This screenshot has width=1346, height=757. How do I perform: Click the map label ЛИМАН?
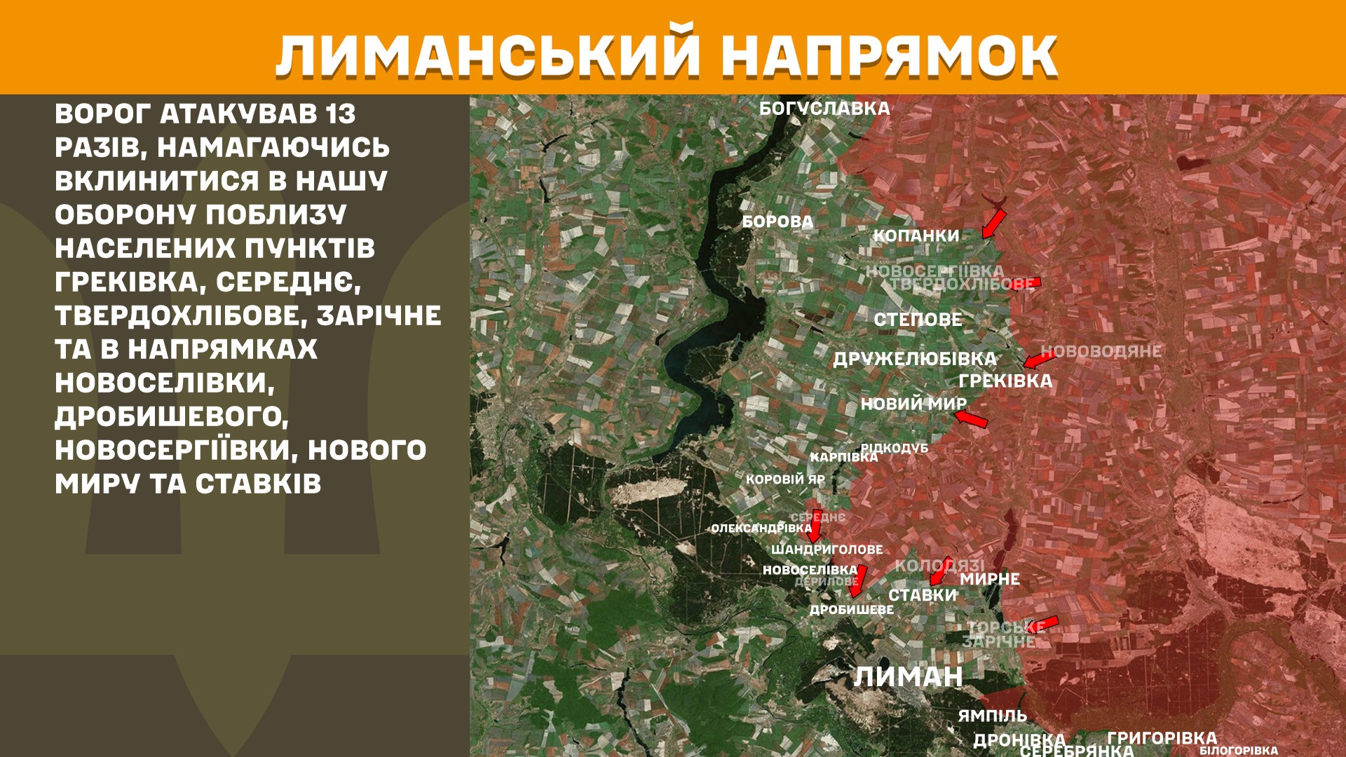point(908,677)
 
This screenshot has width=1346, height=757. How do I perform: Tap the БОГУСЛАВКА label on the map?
point(824,109)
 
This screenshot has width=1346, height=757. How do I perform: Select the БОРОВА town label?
point(777,221)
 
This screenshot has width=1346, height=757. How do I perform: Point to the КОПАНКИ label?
point(916,236)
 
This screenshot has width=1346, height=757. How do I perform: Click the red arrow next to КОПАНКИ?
point(993,224)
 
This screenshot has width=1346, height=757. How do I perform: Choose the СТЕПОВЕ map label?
point(918,320)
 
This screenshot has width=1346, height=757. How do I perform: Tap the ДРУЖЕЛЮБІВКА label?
point(914,360)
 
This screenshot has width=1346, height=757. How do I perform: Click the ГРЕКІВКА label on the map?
point(1005,381)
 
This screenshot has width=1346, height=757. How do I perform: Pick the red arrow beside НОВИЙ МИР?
point(971,419)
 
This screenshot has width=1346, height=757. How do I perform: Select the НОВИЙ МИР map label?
point(913,404)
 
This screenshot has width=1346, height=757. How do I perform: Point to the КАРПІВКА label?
point(843,457)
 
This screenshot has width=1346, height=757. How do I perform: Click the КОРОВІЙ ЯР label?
point(785,479)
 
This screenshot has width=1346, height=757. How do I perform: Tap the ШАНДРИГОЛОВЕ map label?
point(827,550)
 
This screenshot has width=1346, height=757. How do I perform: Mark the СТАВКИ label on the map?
point(922,595)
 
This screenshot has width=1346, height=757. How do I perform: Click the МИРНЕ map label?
point(989,579)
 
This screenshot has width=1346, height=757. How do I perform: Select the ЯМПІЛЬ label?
point(992,716)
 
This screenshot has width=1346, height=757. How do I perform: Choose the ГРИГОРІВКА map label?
point(1162,737)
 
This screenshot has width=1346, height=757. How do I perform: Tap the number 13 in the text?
point(341,114)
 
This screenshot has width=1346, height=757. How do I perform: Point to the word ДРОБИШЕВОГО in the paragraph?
point(171,417)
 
